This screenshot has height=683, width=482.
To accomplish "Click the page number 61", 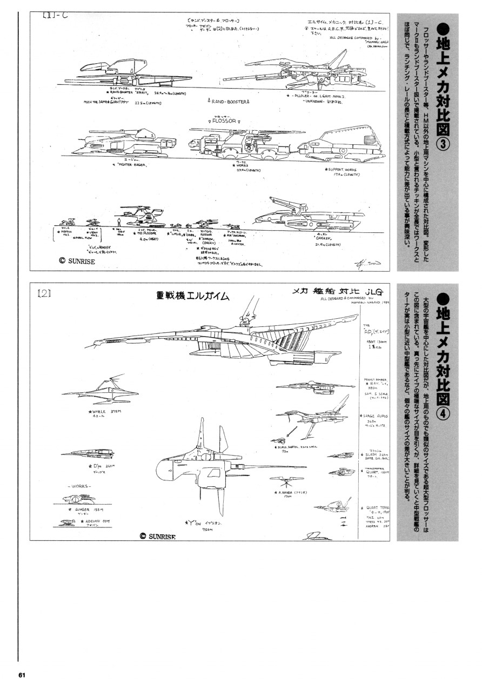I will [x=22, y=674].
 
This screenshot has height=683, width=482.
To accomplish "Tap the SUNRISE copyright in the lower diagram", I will [x=162, y=536].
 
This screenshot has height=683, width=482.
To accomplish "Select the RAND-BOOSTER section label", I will [x=229, y=101].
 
